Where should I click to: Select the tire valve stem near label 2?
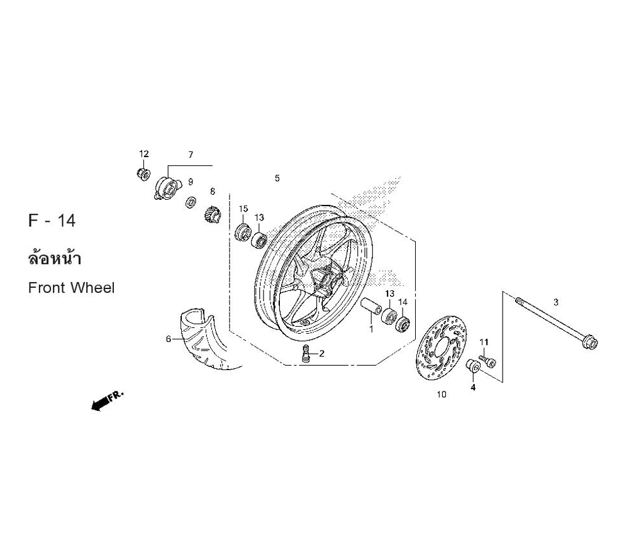point(306,353)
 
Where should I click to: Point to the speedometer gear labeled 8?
point(212,216)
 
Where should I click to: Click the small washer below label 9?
point(191,202)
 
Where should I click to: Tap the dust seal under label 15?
point(243,233)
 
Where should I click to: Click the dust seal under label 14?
point(403,324)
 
